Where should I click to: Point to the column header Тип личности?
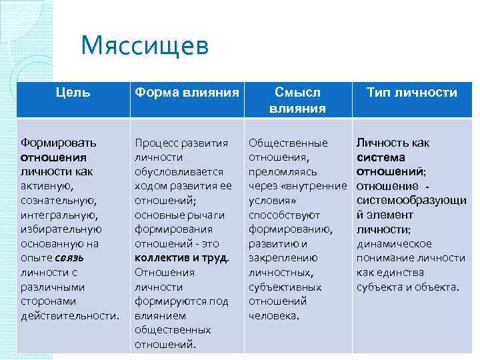[x=412, y=93]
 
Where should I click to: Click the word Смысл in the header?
[x=297, y=93]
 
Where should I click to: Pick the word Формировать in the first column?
[x=59, y=143]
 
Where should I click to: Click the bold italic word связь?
[x=88, y=258]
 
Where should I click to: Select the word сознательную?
[x=59, y=200]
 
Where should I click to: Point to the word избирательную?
[x=60, y=229]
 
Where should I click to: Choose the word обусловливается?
[x=175, y=171]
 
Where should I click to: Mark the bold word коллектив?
[x=163, y=258]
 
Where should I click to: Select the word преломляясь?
[x=278, y=171]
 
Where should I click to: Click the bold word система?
[x=381, y=157]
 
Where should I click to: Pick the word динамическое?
[x=394, y=243]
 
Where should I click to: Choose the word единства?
[x=400, y=273]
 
